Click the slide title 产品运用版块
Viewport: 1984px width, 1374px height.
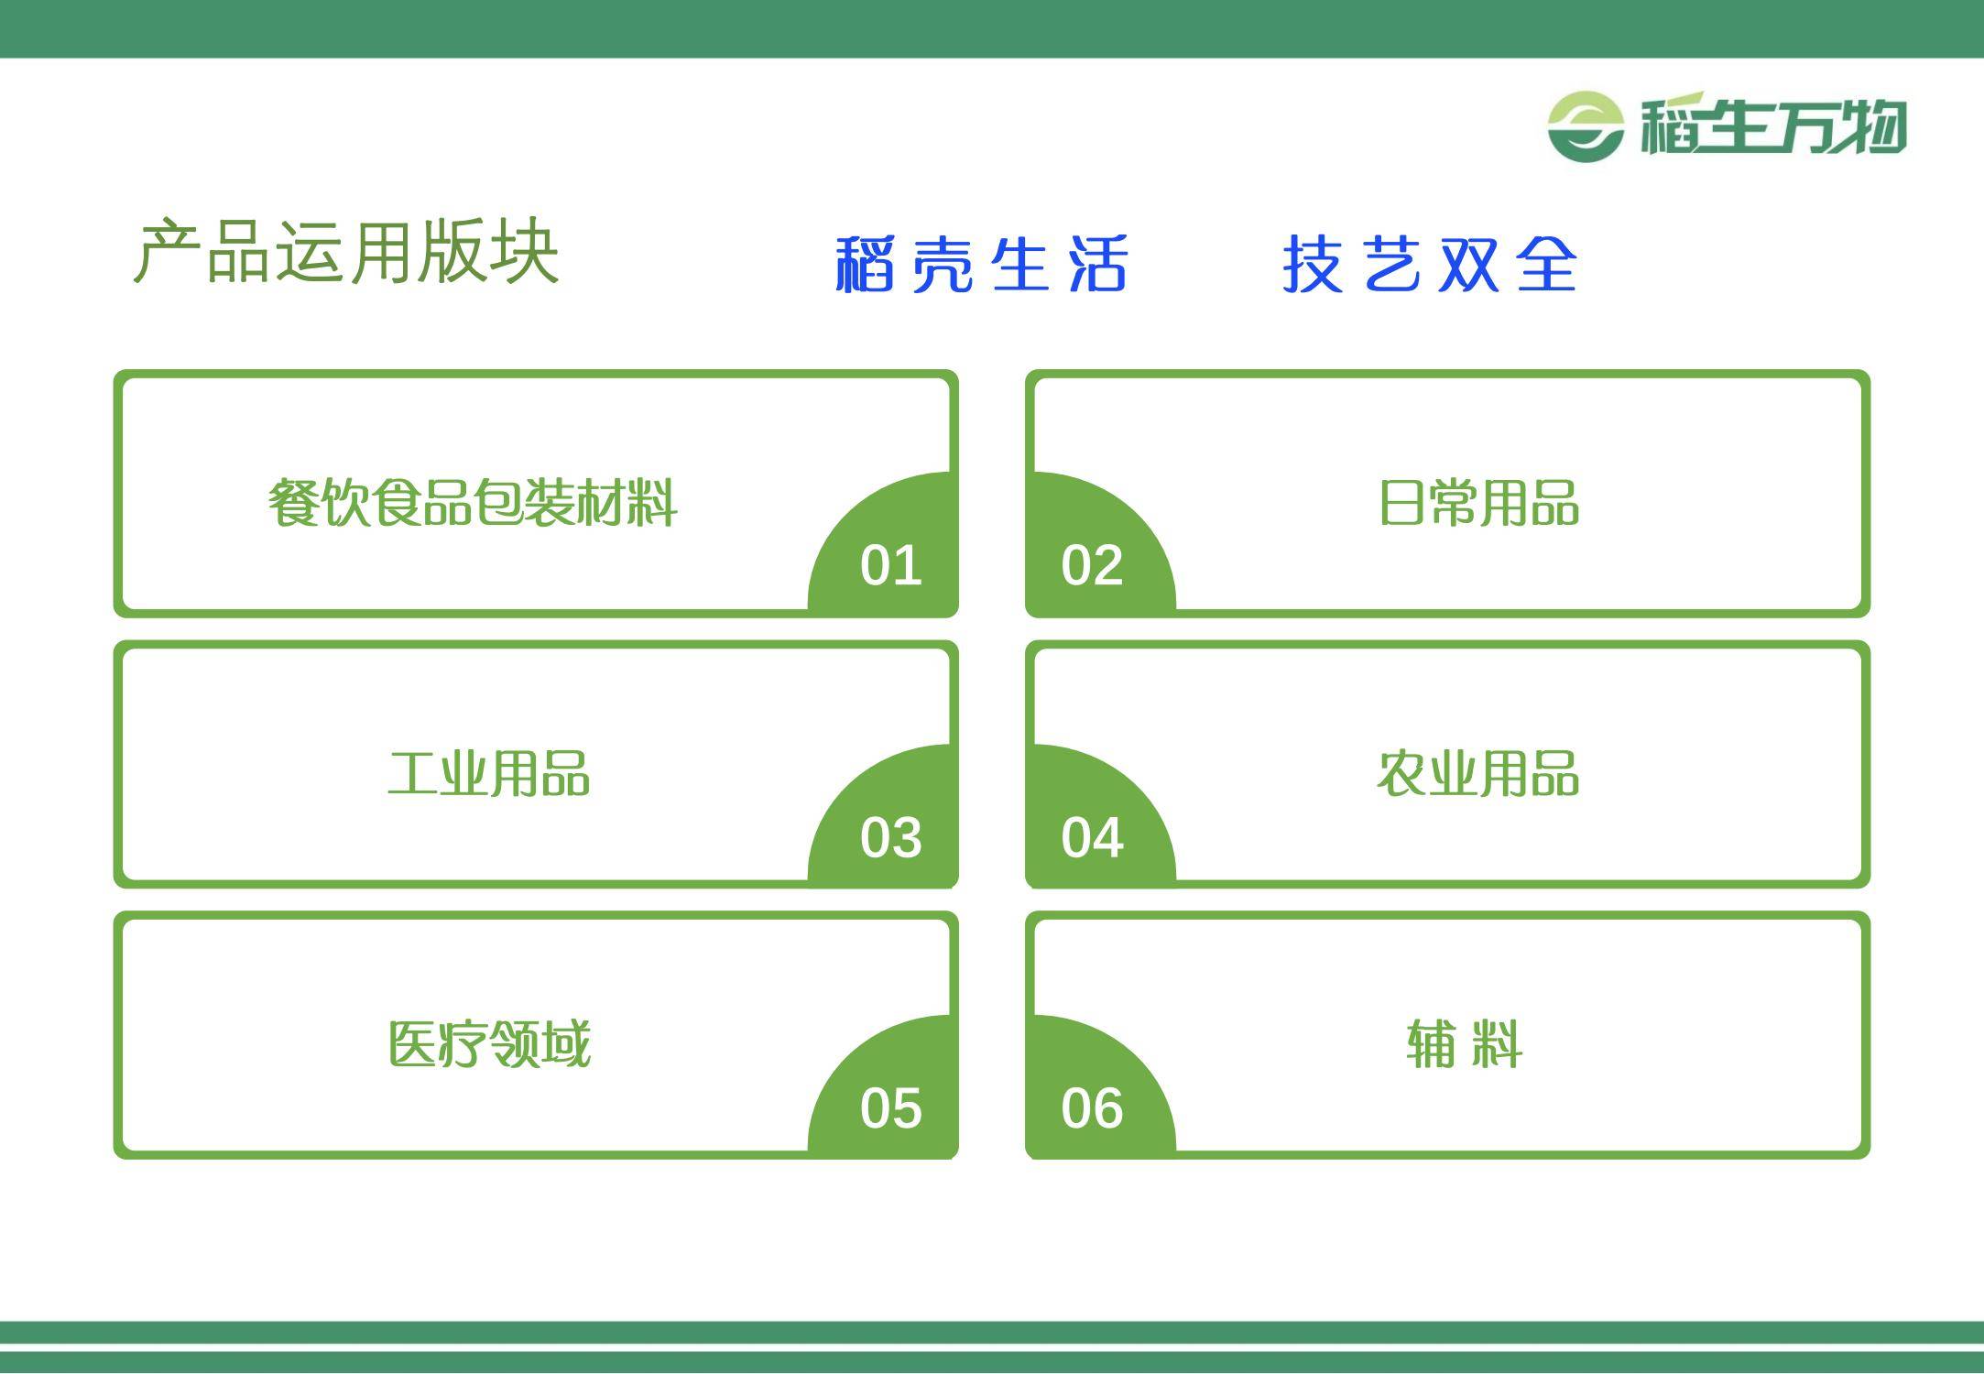[346, 251]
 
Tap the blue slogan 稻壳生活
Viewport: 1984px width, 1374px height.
[981, 264]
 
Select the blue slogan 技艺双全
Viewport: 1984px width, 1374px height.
[1430, 264]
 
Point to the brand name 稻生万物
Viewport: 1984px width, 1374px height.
[1773, 125]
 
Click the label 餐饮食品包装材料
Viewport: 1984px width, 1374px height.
[473, 503]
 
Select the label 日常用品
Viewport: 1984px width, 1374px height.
[1479, 503]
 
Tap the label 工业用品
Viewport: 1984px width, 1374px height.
[489, 774]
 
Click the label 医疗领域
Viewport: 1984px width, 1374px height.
[489, 1044]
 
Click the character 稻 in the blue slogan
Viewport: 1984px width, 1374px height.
[865, 264]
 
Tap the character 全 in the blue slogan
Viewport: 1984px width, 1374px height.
[1547, 264]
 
